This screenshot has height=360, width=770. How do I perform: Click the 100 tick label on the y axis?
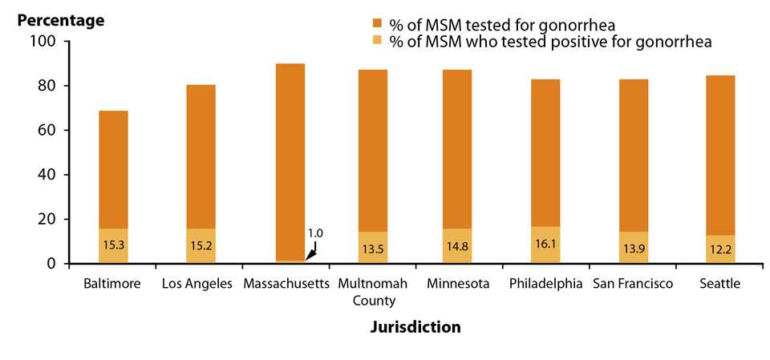[38, 42]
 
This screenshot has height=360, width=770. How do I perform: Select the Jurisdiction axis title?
[415, 327]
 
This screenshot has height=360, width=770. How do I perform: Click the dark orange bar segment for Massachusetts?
[290, 160]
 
